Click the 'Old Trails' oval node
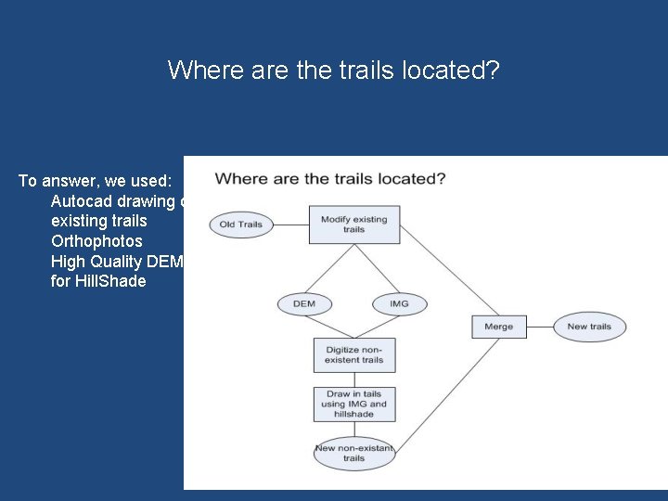[x=241, y=224]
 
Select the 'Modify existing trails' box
[x=353, y=224]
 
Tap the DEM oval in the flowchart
[x=303, y=303]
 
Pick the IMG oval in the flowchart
[x=400, y=303]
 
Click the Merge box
[x=498, y=327]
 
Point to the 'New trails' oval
[x=589, y=327]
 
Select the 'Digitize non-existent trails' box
[x=353, y=353]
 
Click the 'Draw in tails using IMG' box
[x=353, y=405]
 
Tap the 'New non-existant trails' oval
[x=353, y=453]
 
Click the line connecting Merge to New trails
[x=539, y=327]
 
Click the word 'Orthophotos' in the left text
[x=97, y=241]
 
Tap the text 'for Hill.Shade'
[x=98, y=281]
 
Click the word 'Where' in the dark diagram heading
[x=240, y=178]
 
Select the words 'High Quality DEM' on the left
[x=117, y=262]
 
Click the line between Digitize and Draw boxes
[x=353, y=379]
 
